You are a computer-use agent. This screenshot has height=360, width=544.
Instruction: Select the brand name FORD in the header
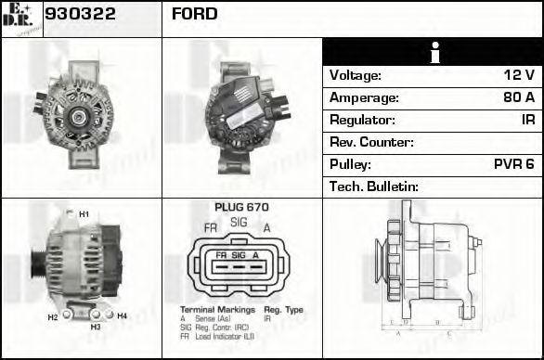194,14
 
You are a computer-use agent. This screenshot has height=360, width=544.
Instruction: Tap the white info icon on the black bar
433,52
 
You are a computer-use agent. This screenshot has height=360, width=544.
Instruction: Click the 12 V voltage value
517,75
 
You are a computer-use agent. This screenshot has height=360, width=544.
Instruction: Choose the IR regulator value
527,120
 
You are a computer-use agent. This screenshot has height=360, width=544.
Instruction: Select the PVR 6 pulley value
513,164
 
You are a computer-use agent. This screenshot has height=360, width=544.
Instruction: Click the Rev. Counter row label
371,142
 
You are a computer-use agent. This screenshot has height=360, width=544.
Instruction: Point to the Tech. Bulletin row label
374,186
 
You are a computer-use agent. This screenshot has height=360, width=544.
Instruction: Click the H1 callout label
84,214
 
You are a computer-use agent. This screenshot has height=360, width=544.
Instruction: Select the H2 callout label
53,317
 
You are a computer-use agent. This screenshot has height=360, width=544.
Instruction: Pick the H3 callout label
96,327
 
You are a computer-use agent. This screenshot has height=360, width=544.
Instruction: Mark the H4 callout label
122,315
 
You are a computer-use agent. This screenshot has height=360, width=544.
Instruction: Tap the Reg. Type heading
283,309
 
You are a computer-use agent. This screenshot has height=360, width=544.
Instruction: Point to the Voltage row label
356,75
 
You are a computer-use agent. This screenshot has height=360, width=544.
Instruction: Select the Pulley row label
350,164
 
